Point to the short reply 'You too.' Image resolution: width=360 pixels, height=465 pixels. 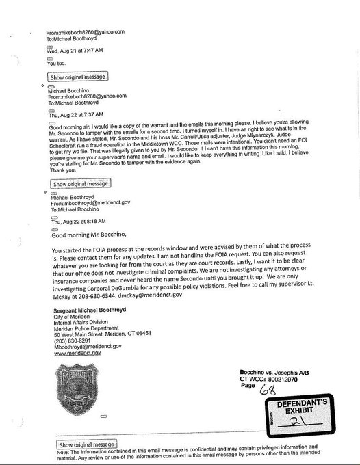(x=56, y=63)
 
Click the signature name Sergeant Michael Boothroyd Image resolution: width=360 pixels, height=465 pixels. (x=97, y=311)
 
